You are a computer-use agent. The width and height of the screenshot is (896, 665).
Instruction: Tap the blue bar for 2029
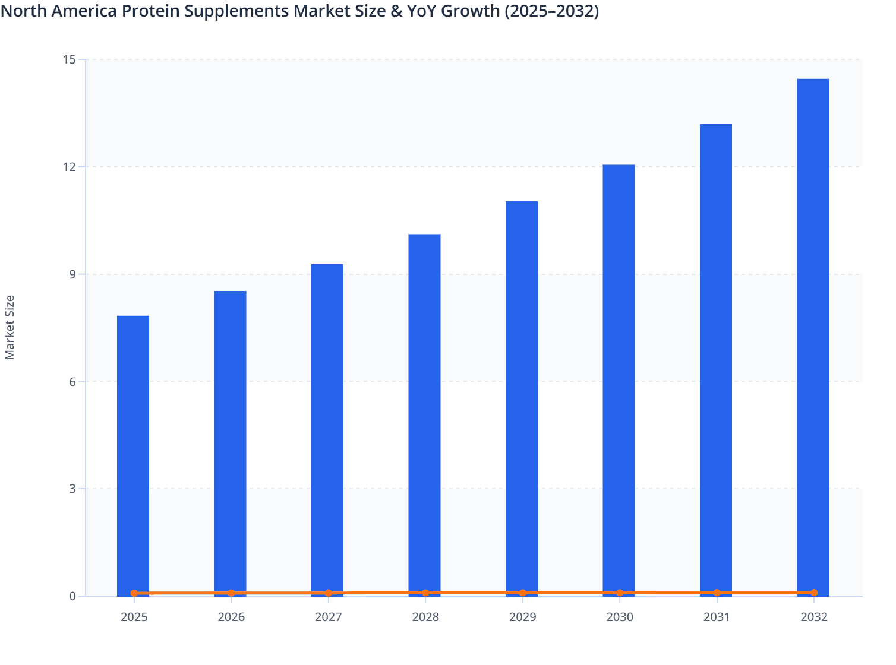pos(522,397)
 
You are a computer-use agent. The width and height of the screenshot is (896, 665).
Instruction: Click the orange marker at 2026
pos(231,593)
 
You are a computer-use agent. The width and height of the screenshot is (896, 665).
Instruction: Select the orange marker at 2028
pos(425,593)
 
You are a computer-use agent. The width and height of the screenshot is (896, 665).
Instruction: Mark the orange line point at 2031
pos(717,593)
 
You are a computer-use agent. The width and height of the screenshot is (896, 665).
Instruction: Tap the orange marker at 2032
pos(814,593)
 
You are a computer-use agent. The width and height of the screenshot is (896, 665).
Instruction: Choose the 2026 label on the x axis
pos(231,617)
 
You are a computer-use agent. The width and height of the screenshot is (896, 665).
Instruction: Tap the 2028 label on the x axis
pos(425,617)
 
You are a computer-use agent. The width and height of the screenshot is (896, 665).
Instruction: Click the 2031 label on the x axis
pos(717,617)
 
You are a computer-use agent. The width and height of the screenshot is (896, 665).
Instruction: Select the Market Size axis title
pos(10,327)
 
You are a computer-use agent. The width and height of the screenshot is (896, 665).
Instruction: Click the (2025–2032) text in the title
pos(551,11)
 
